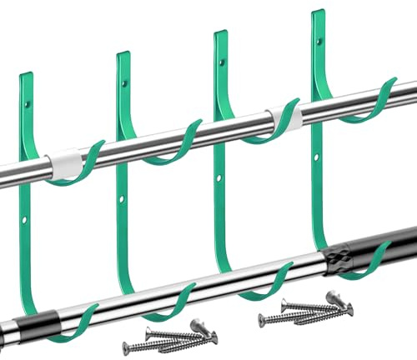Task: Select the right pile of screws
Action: pyautogui.click(x=305, y=310)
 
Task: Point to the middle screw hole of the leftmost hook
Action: pyautogui.click(x=24, y=221)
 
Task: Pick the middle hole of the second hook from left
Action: pyautogui.click(x=123, y=200)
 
